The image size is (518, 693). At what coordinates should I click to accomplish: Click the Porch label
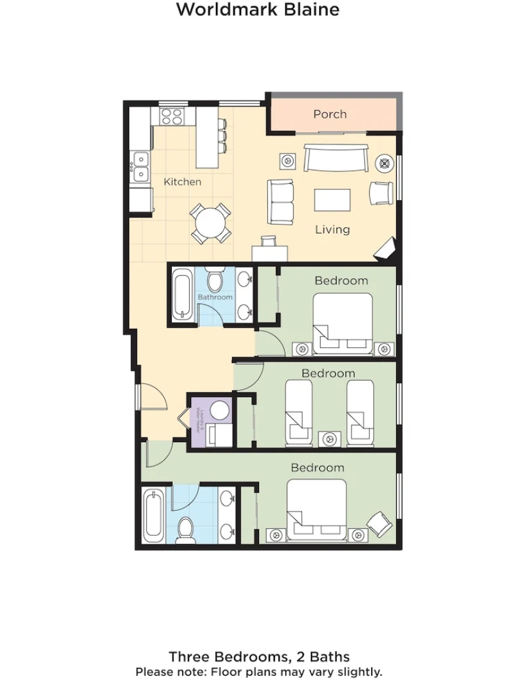click(x=330, y=114)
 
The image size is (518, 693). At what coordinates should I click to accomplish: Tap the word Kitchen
click(x=182, y=182)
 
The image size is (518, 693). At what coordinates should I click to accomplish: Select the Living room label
click(x=332, y=229)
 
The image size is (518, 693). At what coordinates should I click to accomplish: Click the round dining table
click(x=211, y=223)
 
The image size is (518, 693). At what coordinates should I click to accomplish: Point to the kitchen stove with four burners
click(x=171, y=116)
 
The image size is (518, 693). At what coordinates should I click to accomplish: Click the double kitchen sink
click(x=140, y=166)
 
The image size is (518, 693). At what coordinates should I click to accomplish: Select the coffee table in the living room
click(x=332, y=200)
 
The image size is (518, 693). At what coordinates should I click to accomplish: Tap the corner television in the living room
click(x=387, y=249)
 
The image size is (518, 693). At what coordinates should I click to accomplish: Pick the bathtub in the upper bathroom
click(x=183, y=295)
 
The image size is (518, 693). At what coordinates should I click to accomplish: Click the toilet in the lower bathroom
click(x=185, y=530)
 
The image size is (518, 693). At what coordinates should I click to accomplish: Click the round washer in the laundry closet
click(x=220, y=410)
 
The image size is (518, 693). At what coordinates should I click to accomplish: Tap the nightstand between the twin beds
click(x=330, y=439)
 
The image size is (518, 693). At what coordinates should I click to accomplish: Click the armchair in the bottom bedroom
click(x=380, y=523)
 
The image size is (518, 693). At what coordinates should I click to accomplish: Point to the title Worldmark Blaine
click(x=258, y=10)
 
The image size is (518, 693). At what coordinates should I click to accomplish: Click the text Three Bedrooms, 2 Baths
click(x=259, y=656)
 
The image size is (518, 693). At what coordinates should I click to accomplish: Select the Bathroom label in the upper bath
click(x=215, y=297)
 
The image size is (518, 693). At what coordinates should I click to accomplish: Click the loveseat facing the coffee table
click(x=280, y=201)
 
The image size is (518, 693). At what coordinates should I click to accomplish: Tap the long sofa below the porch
click(x=336, y=158)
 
